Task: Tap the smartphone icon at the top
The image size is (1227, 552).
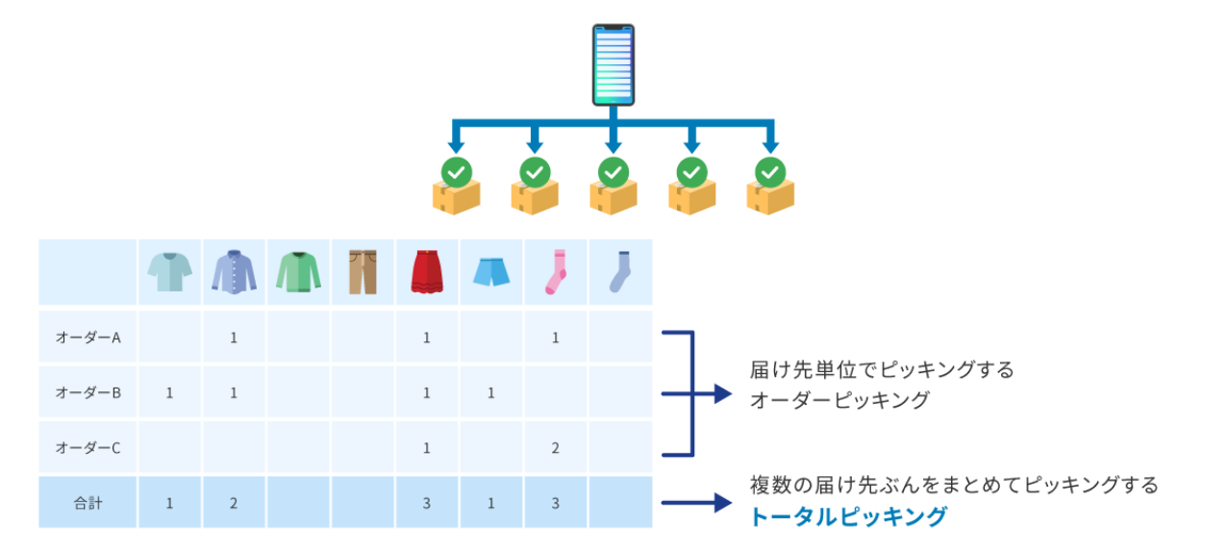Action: [613, 64]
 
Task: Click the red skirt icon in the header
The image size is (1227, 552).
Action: [427, 272]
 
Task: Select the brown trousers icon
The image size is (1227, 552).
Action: [363, 272]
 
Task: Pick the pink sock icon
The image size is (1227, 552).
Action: [556, 272]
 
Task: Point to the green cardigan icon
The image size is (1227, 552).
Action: [298, 272]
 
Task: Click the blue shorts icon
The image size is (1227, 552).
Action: [491, 273]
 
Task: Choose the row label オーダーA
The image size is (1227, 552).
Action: [88, 338]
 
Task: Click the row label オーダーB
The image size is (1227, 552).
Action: [88, 392]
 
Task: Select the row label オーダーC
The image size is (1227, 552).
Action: [88, 447]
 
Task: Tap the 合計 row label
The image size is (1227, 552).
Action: [88, 502]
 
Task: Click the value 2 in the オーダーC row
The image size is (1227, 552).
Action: [556, 447]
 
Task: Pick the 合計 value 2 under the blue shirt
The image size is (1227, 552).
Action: [234, 502]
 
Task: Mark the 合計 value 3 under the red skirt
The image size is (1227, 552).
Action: [427, 502]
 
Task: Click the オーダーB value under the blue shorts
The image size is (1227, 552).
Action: [491, 392]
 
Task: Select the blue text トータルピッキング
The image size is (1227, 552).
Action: [848, 516]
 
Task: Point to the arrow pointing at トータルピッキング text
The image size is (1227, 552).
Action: [697, 502]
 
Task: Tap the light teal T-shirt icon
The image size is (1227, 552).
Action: [169, 272]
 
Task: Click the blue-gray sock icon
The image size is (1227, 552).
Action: [620, 272]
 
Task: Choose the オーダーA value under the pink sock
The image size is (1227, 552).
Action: [556, 338]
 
